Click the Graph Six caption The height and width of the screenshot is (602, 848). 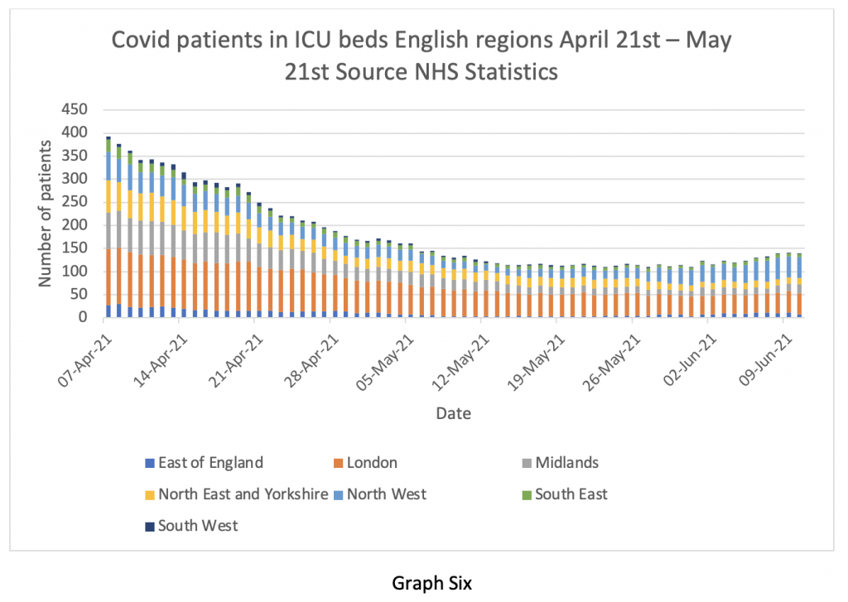431,583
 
